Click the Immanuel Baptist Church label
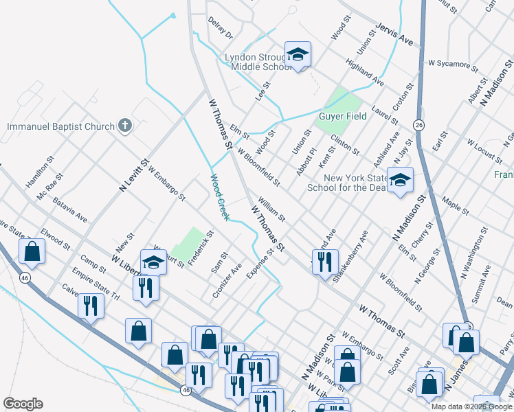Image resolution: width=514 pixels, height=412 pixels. click(60, 126)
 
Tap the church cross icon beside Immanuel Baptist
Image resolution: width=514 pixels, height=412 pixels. click(124, 125)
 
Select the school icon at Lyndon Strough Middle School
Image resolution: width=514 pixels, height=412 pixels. click(298, 54)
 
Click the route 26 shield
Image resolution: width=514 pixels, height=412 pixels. click(418, 124)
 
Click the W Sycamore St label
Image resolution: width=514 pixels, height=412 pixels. click(453, 65)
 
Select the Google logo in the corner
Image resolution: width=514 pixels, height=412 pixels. click(23, 404)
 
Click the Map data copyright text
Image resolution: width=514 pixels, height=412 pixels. click(472, 407)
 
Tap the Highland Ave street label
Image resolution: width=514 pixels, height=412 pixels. click(365, 72)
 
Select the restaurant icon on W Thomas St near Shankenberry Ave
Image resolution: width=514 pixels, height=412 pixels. click(324, 261)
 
